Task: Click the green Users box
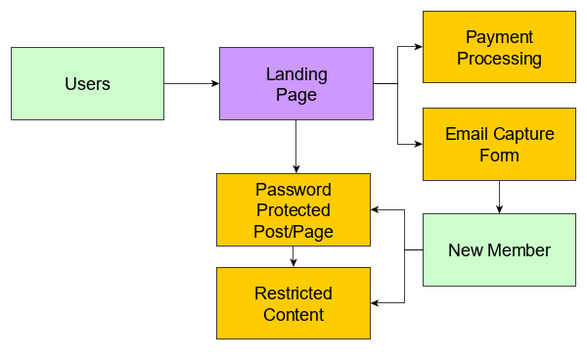click(x=87, y=84)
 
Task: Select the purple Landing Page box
click(x=295, y=84)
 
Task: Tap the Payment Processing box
click(x=499, y=47)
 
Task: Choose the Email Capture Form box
click(x=499, y=144)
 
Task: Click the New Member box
click(x=499, y=249)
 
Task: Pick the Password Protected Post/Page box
click(x=293, y=209)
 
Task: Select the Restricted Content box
click(x=293, y=303)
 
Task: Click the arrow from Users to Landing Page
click(x=192, y=84)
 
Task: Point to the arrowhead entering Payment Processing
click(x=418, y=47)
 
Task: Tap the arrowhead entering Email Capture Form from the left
click(x=418, y=144)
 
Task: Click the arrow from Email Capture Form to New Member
click(x=499, y=197)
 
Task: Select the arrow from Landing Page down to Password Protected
click(x=295, y=147)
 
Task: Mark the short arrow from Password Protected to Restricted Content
click(x=293, y=256)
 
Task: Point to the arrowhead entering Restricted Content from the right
click(x=376, y=302)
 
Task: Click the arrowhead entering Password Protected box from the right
click(x=376, y=209)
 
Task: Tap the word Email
click(x=465, y=134)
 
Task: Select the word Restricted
click(x=293, y=293)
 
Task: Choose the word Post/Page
click(x=293, y=231)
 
